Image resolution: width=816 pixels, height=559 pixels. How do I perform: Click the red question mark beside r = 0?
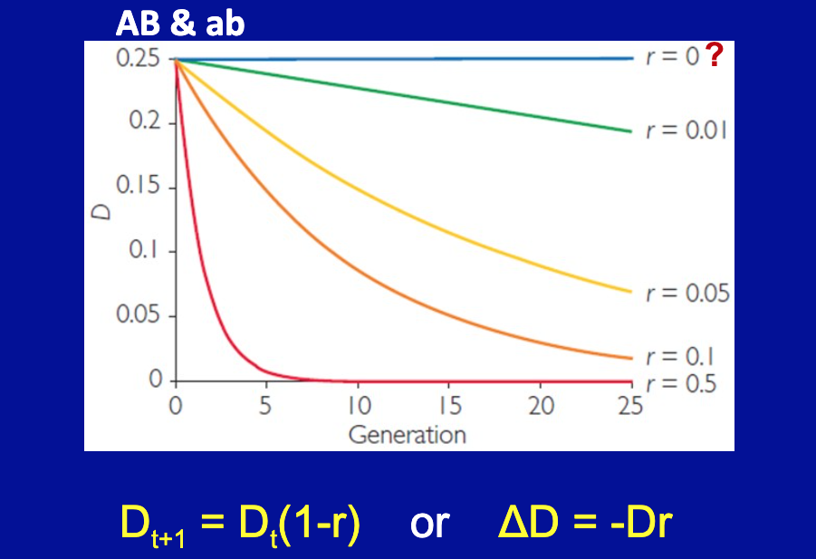pos(715,57)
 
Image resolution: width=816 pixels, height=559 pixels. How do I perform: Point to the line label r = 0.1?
pos(679,356)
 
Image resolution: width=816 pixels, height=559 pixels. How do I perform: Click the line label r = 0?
pos(671,58)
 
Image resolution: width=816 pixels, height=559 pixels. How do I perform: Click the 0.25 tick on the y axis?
pos(139,59)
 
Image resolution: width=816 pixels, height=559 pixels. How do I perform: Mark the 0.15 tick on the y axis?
pos(139,188)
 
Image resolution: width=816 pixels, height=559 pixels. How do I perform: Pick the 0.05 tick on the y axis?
pos(139,316)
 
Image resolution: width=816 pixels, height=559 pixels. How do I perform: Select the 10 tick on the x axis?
pos(358,405)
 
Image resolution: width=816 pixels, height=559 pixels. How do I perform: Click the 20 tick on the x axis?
pos(541,405)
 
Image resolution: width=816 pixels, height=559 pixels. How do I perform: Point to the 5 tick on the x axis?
pos(266,405)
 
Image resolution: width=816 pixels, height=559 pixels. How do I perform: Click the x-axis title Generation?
pos(407,434)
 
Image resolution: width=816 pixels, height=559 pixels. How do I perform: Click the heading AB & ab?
pos(180,23)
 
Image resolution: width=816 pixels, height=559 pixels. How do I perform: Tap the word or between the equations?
pos(429,523)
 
